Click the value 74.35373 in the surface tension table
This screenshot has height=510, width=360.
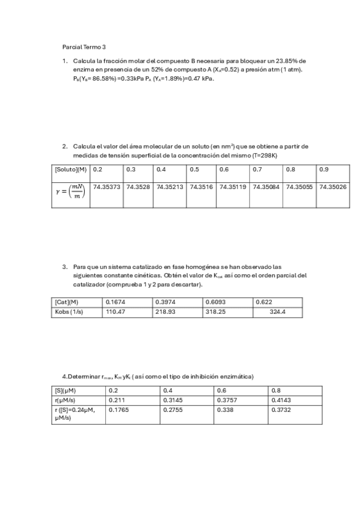point(107,187)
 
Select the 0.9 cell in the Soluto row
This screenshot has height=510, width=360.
point(324,170)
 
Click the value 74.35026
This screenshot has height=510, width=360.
point(332,187)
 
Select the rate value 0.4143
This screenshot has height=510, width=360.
point(281,399)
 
